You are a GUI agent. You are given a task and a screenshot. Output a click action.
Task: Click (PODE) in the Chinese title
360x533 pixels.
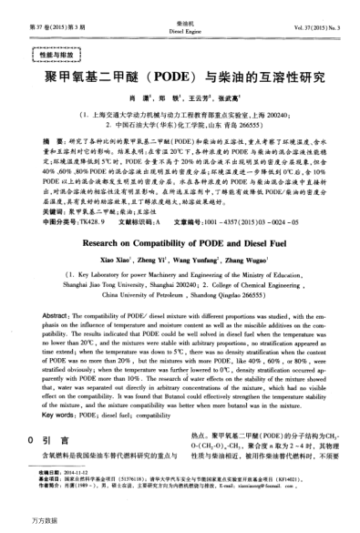tap(184, 78)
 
